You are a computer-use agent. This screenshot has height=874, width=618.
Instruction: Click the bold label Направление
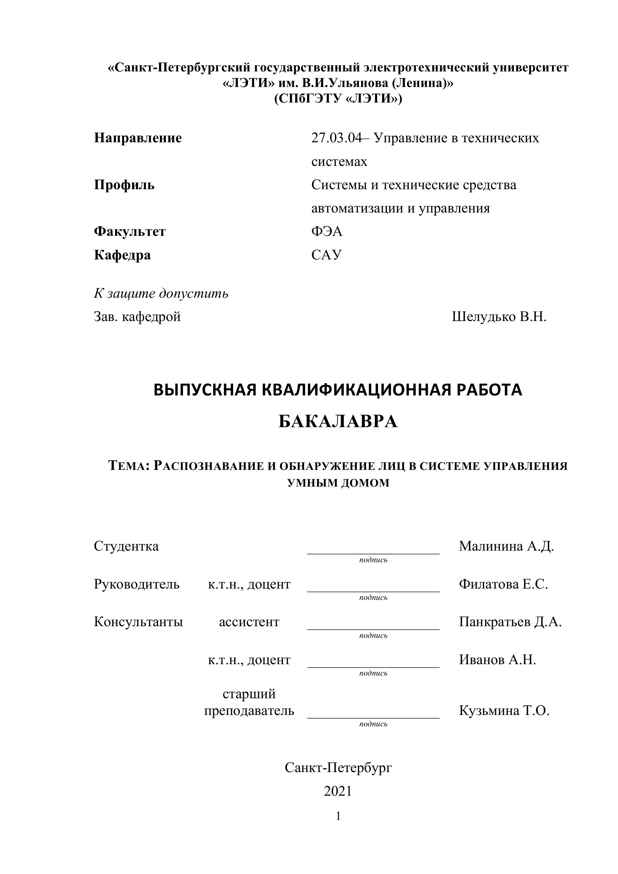138,138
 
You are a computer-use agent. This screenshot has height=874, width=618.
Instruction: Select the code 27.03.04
336,138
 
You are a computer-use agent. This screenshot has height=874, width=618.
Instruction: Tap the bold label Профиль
124,185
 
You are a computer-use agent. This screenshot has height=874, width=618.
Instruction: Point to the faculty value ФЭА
327,231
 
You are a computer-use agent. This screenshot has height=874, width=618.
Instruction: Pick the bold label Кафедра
122,255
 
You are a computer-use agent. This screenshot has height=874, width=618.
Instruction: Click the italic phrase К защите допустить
161,293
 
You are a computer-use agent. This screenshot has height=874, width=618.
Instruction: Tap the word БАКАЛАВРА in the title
338,422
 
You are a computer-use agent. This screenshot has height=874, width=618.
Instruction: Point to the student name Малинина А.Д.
506,546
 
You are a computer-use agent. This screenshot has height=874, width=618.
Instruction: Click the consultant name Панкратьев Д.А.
510,622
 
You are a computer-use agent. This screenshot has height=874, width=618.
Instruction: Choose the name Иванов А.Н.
497,659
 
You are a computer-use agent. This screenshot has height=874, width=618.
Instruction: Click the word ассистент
249,622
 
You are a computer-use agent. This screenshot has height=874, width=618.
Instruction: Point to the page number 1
338,816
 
